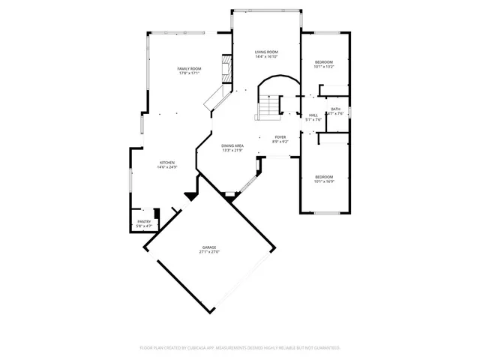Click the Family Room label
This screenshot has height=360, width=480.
click(189, 68)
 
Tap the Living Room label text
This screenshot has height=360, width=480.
click(266, 52)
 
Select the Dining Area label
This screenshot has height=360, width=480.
click(232, 145)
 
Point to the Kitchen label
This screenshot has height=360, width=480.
click(166, 163)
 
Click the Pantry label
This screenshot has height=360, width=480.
click(144, 221)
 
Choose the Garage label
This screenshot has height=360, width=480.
click(208, 247)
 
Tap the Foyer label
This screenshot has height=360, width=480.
click(280, 137)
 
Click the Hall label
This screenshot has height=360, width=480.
click(313, 115)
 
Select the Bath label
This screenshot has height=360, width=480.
click(335, 109)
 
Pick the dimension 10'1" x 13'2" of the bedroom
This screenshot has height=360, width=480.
click(323, 67)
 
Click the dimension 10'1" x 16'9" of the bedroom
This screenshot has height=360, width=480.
click(323, 181)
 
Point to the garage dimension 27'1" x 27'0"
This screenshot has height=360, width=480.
click(208, 253)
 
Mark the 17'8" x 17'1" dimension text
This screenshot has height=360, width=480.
click(189, 73)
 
